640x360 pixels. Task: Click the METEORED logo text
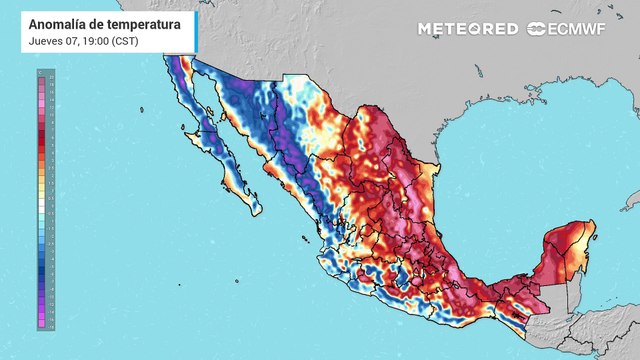(x=468, y=29)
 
